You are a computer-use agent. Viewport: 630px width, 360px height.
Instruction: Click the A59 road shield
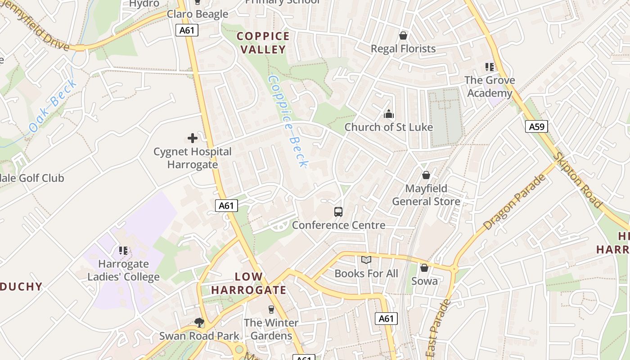pyautogui.click(x=536, y=126)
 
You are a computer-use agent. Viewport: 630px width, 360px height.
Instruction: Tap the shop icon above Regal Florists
pyautogui.click(x=403, y=36)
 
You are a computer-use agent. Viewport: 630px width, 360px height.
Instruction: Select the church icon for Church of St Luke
pyautogui.click(x=389, y=114)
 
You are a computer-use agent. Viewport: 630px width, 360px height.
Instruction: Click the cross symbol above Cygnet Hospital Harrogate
pyautogui.click(x=193, y=138)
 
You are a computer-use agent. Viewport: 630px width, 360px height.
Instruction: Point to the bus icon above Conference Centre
pyautogui.click(x=338, y=212)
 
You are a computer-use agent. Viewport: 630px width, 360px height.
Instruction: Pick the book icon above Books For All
pyautogui.click(x=366, y=260)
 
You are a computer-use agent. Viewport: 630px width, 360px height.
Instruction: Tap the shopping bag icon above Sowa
pyautogui.click(x=424, y=268)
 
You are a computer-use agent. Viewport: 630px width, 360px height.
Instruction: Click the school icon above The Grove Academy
pyautogui.click(x=490, y=67)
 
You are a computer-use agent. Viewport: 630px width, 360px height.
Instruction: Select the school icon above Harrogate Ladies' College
pyautogui.click(x=123, y=250)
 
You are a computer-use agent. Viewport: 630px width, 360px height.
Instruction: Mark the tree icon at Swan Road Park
pyautogui.click(x=199, y=322)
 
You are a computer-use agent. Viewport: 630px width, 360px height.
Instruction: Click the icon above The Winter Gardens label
pyautogui.click(x=271, y=310)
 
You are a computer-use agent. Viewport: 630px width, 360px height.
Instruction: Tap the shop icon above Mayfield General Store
pyautogui.click(x=426, y=175)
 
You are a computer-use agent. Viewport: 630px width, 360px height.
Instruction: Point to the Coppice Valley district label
pyautogui.click(x=263, y=43)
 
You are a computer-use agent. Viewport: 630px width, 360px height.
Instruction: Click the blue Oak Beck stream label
pyautogui.click(x=53, y=106)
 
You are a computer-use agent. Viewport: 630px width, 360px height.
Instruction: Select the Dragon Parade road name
pyautogui.click(x=514, y=202)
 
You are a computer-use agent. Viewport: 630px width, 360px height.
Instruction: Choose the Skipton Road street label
pyautogui.click(x=579, y=180)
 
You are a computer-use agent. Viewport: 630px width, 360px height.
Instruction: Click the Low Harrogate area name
pyautogui.click(x=249, y=283)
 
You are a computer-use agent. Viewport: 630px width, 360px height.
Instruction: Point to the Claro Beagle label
pyautogui.click(x=198, y=14)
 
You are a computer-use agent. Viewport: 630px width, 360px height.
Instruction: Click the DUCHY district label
pyautogui.click(x=21, y=287)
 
